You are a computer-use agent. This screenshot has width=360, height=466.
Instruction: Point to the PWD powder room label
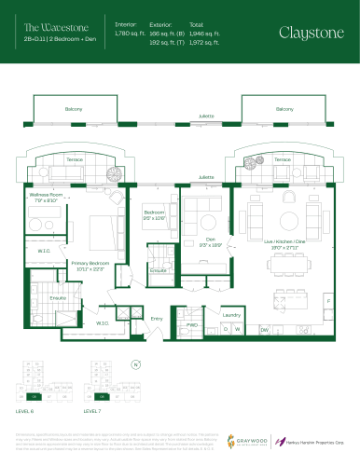click(192, 325)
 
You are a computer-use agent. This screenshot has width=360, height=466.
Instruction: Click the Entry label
click(157, 319)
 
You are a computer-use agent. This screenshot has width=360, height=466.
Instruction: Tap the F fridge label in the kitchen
click(327, 301)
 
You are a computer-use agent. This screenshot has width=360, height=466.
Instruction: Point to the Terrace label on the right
click(281, 159)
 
